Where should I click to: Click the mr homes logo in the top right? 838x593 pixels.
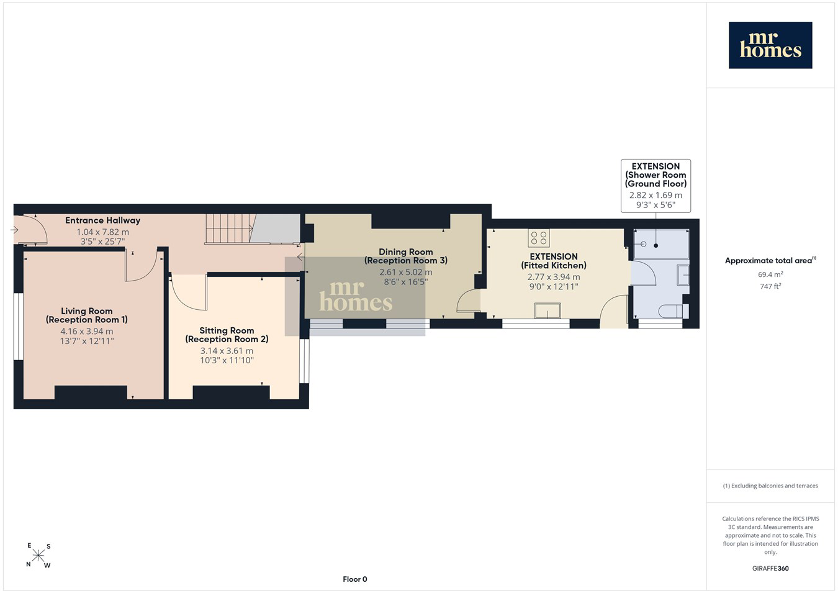[770, 45]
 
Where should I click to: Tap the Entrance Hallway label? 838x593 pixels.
[103, 220]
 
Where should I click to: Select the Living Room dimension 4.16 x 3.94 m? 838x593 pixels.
[87, 331]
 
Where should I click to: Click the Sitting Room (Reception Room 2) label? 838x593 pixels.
[227, 335]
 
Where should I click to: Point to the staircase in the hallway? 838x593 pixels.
[229, 229]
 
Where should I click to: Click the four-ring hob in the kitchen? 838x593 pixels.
[539, 238]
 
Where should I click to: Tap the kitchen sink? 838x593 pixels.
[547, 310]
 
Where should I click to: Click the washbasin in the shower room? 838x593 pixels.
[683, 275]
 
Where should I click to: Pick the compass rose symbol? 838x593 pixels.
[38, 556]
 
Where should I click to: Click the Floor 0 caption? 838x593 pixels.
[355, 579]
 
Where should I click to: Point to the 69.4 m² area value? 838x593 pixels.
[771, 274]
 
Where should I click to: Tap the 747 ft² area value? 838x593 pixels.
[771, 286]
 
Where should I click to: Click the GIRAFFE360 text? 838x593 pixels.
[770, 568]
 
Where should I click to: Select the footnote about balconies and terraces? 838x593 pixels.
[770, 486]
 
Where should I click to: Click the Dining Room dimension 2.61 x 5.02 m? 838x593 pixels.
[406, 272]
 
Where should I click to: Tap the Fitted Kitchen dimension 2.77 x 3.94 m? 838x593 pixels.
[554, 277]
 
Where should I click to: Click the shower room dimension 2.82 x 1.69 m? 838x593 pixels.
[656, 195]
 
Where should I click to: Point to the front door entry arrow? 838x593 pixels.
[15, 230]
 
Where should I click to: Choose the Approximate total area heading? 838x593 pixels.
[770, 260]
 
